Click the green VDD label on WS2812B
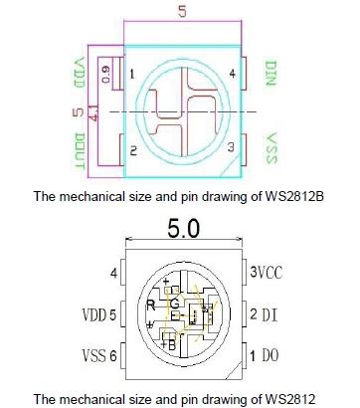pyautogui.click(x=80, y=73)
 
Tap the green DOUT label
pyautogui.click(x=80, y=151)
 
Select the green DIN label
pyautogui.click(x=270, y=74)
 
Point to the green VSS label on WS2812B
pyautogui.click(x=271, y=148)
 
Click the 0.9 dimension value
pyautogui.click(x=105, y=75)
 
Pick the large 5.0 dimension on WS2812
pyautogui.click(x=184, y=229)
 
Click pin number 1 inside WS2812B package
pyautogui.click(x=132, y=74)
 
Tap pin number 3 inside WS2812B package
pyautogui.click(x=231, y=147)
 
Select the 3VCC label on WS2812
pyautogui.click(x=267, y=273)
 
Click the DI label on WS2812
pyautogui.click(x=270, y=314)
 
